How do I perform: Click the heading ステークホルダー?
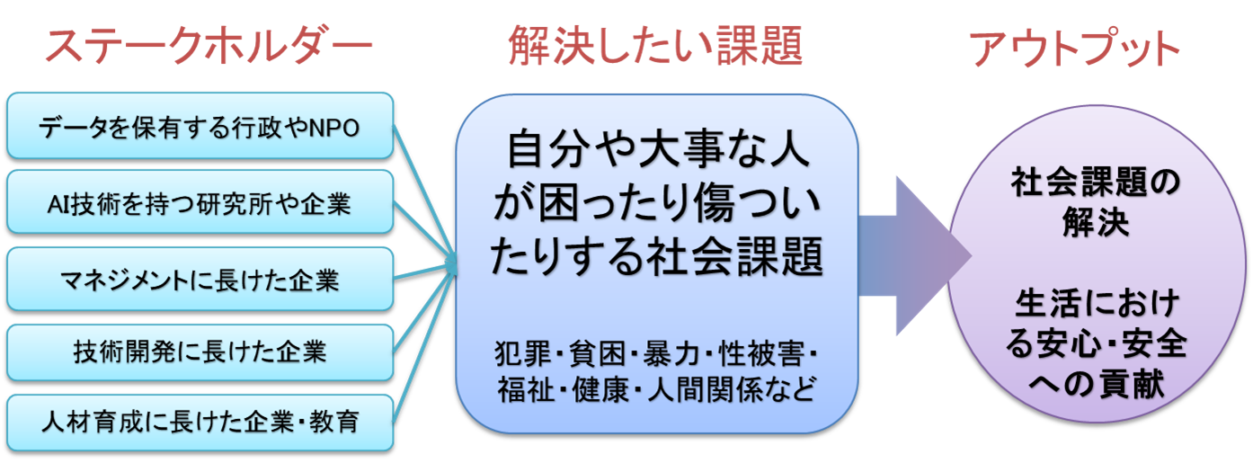click(209, 46)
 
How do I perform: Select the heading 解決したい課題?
click(655, 46)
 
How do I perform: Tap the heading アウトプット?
click(1074, 48)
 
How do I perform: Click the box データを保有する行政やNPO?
click(200, 126)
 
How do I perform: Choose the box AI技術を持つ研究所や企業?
click(200, 202)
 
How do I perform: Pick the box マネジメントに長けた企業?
click(200, 279)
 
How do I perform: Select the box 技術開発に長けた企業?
click(200, 352)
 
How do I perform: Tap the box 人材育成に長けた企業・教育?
click(200, 423)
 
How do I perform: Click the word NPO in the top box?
click(334, 129)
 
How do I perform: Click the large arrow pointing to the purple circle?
click(915, 255)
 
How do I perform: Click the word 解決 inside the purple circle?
click(1096, 222)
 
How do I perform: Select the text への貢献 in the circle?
click(1097, 384)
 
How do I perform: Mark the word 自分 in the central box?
click(548, 150)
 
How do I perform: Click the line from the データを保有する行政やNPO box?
click(424, 194)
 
